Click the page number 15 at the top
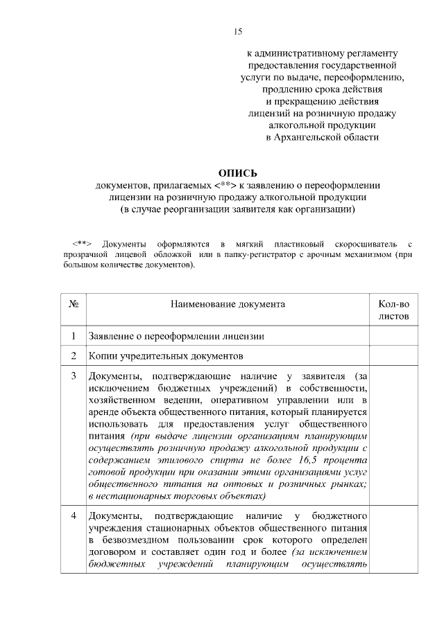[237, 32]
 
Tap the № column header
[74, 304]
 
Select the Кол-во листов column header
[393, 310]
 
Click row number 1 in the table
[74, 337]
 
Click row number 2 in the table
[74, 356]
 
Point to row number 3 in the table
[74, 376]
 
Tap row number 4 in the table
[74, 516]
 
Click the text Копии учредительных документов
[166, 356]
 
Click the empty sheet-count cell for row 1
[393, 337]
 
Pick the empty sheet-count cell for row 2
[393, 356]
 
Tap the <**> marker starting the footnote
[82, 245]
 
